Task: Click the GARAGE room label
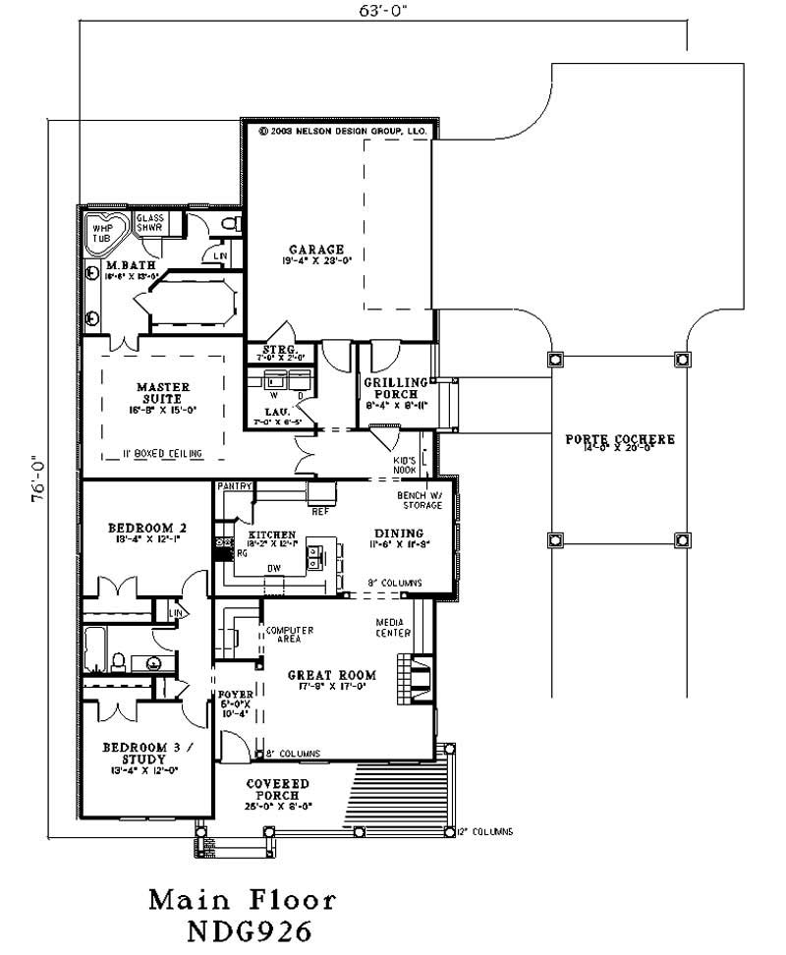coord(315,250)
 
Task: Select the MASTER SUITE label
coord(163,393)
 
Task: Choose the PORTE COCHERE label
coord(620,439)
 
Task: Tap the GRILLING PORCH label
coord(395,388)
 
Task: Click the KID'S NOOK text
coord(406,463)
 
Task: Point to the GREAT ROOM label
coord(331,675)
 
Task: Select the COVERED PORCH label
coord(277,789)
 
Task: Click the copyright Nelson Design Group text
coord(342,130)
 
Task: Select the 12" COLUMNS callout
coord(484,832)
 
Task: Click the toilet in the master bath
coord(231,225)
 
